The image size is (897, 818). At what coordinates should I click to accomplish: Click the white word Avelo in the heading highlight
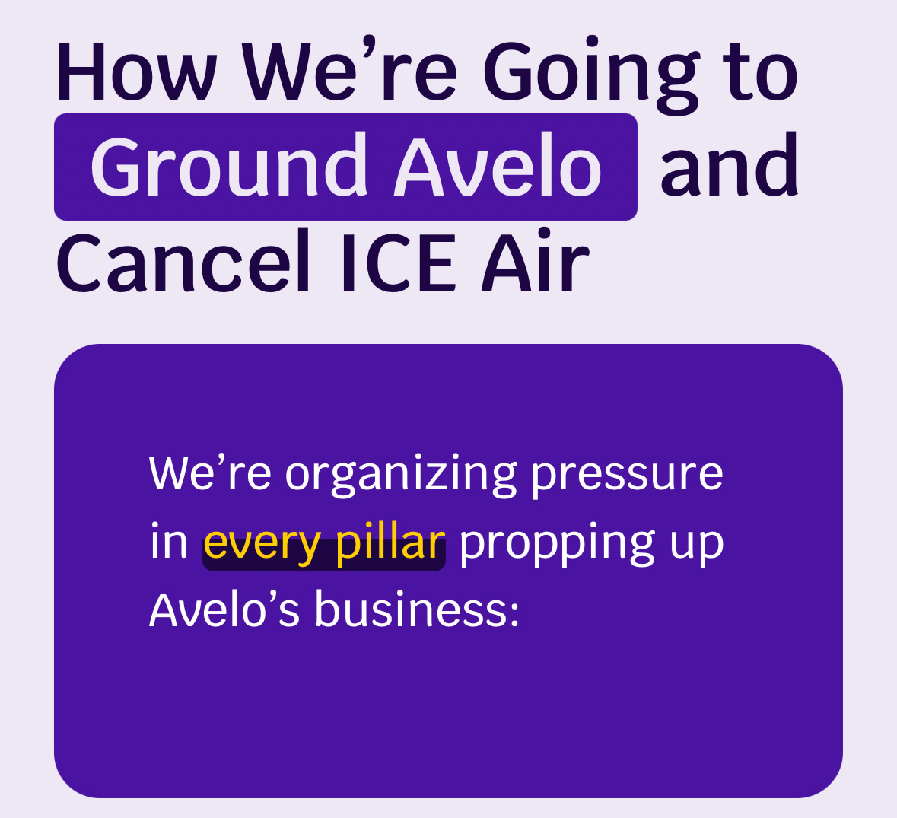coord(498,165)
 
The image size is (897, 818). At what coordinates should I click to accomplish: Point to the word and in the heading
coord(730,165)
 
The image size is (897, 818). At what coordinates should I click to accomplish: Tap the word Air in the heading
coord(536,261)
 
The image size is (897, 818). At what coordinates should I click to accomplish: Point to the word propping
coord(557,545)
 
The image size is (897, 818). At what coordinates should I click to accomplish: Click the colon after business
coord(514,614)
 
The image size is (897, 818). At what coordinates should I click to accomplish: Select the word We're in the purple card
coord(210,473)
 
